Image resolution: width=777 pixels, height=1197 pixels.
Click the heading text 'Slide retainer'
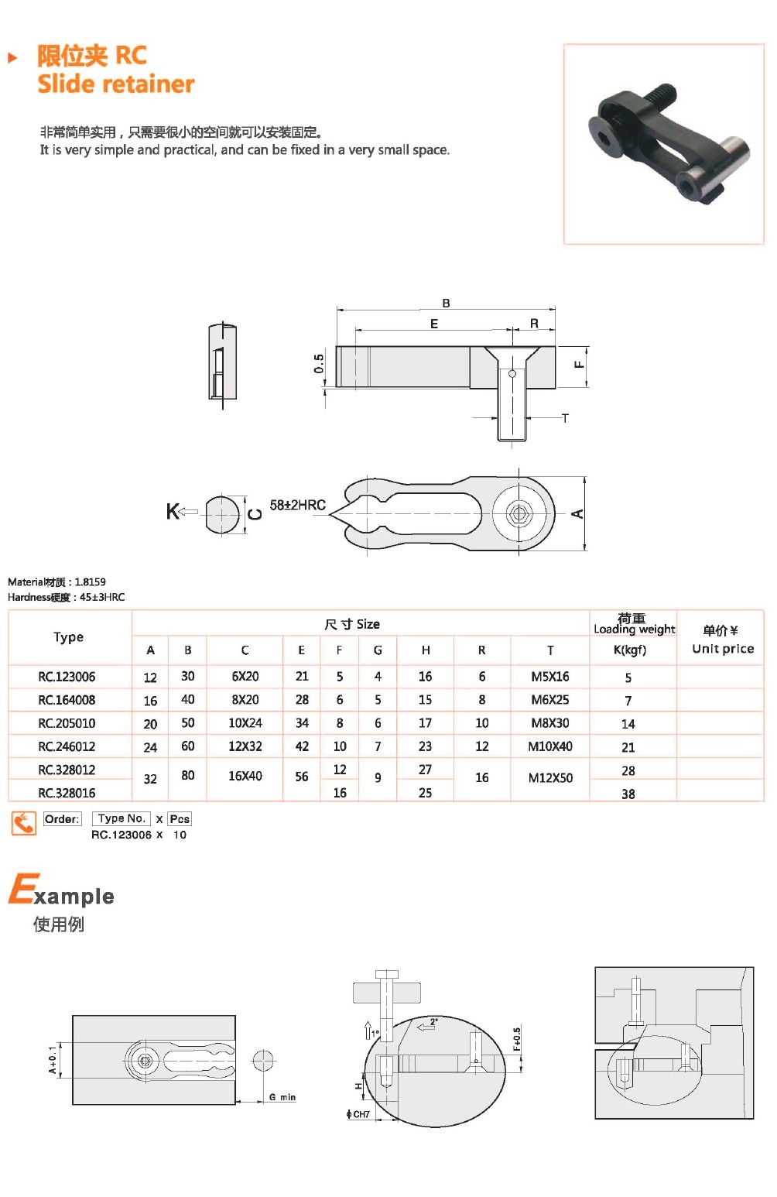pos(116,84)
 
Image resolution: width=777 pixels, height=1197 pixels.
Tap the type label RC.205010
pos(67,723)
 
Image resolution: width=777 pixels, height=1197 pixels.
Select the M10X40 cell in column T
pos(550,746)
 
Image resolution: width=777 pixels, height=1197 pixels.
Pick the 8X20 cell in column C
pos(245,700)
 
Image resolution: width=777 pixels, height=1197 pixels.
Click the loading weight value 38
pos(628,794)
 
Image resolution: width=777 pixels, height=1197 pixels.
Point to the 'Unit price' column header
pos(723,649)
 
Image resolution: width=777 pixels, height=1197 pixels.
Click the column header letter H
pos(426,650)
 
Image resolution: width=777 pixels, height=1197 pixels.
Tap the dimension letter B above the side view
pos(446,303)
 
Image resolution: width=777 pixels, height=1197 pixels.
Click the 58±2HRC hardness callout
pos(297,505)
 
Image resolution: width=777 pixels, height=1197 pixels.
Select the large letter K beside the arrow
pos(173,511)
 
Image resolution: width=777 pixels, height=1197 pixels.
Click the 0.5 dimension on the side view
pos(319,364)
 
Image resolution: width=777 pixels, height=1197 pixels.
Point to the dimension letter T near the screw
pos(565,418)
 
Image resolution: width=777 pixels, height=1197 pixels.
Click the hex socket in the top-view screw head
pos(518,513)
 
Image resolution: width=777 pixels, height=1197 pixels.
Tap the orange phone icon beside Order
pos(24,822)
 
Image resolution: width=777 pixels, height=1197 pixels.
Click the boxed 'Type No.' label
pos(122,818)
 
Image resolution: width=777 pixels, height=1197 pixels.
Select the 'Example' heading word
pos(62,891)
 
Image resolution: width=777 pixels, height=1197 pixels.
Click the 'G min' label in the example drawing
pos(282,1097)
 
